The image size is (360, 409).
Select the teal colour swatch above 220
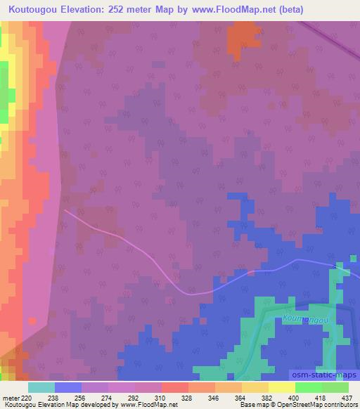pyautogui.click(x=41, y=387)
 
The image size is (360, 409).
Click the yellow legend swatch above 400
pyautogui.click(x=281, y=387)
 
